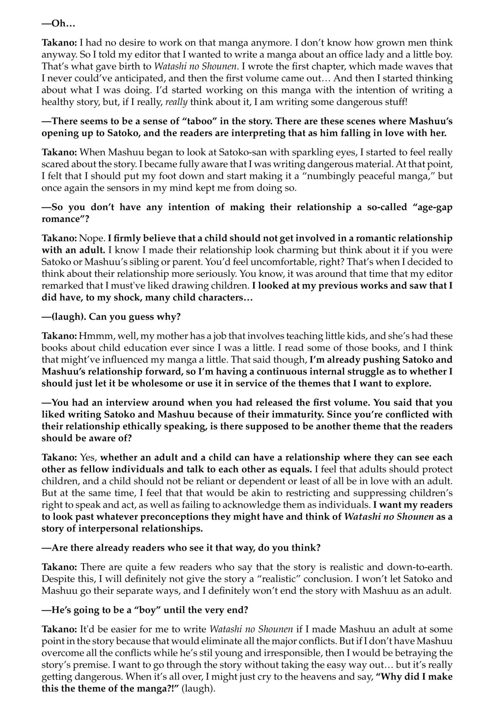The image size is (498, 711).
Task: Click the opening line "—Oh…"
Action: click(58, 24)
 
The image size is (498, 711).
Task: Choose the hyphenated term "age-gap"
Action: click(433, 207)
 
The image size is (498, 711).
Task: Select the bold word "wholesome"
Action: click(154, 383)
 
